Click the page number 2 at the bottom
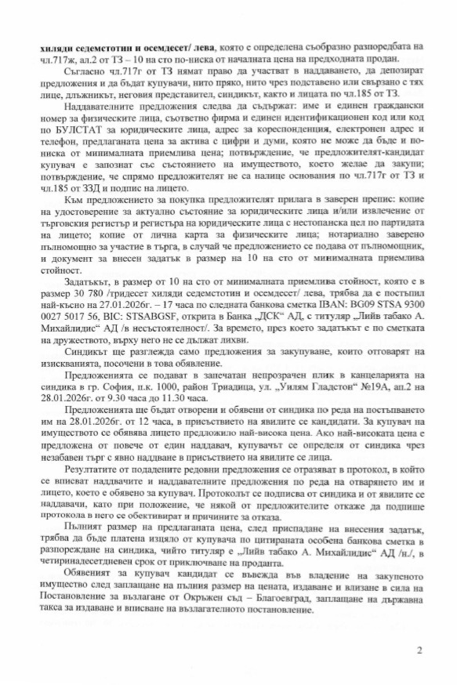click(420, 649)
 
